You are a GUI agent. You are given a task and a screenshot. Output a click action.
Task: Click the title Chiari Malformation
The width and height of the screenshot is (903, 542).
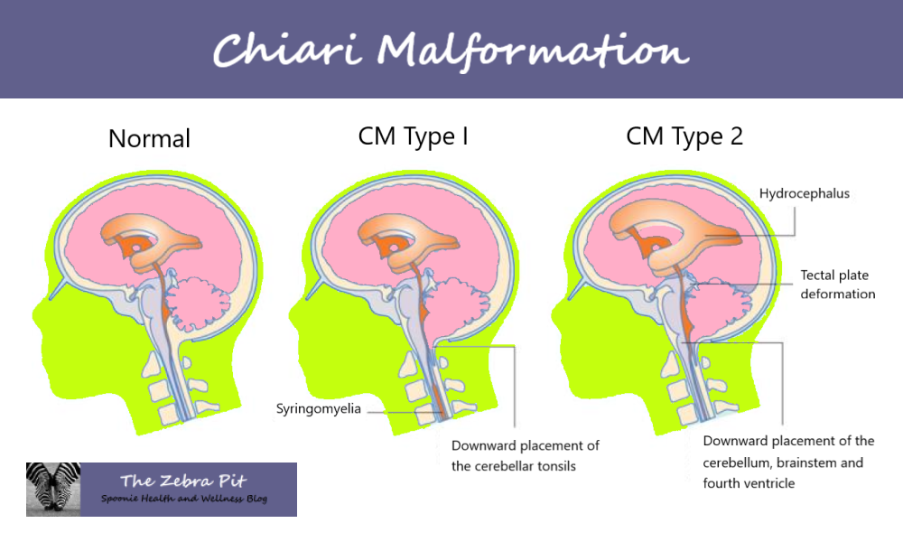(x=451, y=50)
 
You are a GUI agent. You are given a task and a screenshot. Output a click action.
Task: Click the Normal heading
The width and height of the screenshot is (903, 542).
(x=149, y=139)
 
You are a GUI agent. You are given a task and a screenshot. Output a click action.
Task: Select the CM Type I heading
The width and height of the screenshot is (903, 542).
(x=413, y=137)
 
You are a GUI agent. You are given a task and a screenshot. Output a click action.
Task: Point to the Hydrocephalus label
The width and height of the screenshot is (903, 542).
(x=804, y=193)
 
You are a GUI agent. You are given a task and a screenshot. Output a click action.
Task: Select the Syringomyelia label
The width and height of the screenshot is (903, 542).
(x=319, y=409)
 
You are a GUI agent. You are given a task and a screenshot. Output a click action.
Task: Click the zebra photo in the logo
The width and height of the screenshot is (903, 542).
(x=54, y=489)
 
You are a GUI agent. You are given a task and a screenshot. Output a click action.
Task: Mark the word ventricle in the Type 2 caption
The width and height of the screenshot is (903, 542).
(x=767, y=483)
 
